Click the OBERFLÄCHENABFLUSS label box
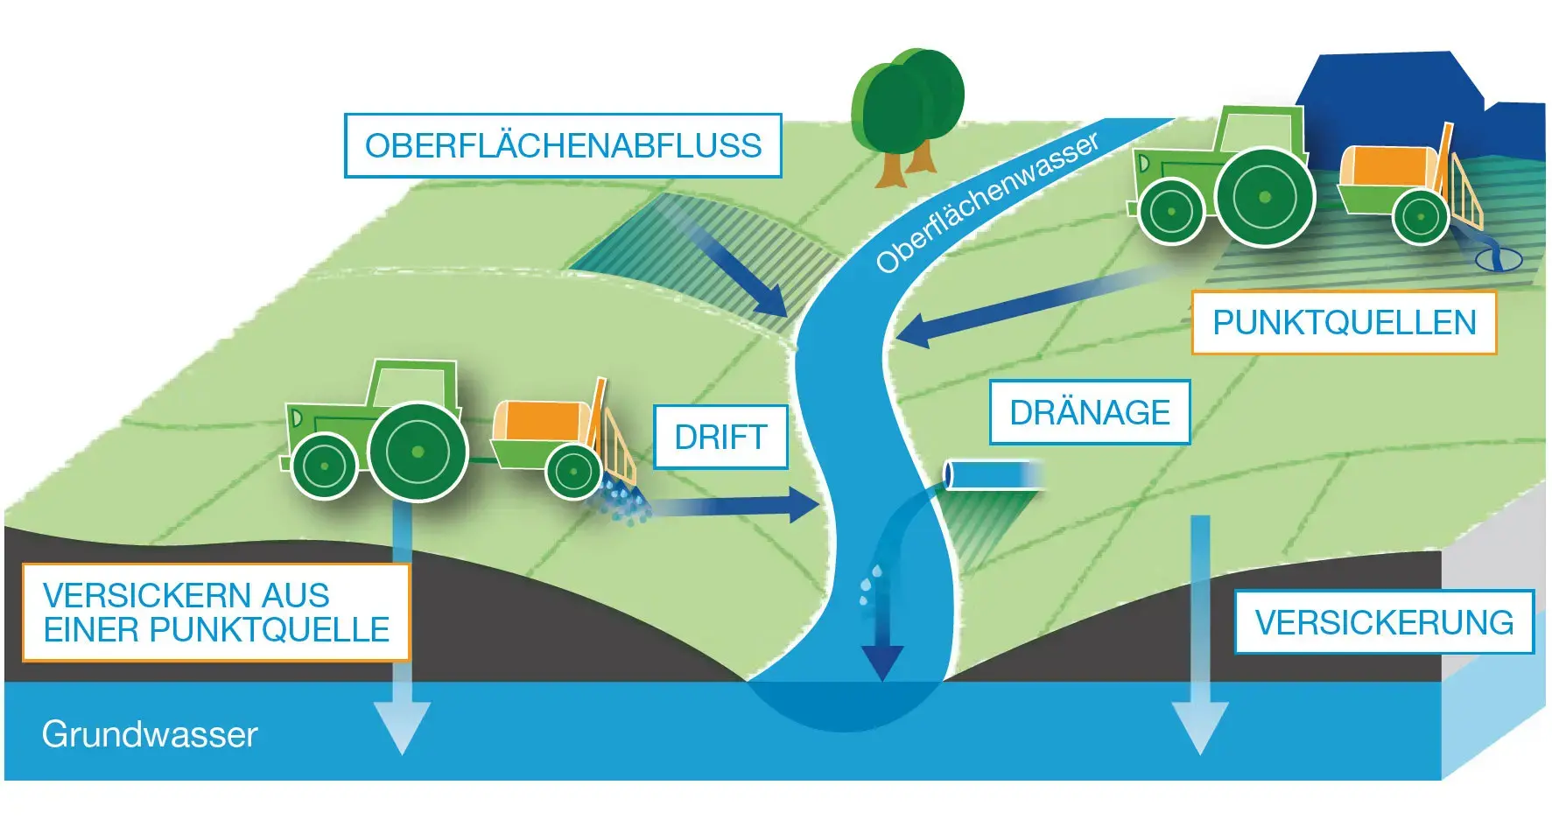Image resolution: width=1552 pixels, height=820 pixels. [563, 145]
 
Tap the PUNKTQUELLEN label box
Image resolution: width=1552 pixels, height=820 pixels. [1344, 323]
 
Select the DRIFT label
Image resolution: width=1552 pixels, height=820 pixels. [720, 437]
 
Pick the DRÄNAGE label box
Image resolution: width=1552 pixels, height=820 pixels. [1090, 412]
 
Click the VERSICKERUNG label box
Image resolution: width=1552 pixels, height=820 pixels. [1384, 622]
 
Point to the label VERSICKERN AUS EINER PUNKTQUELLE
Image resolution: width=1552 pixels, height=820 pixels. [216, 612]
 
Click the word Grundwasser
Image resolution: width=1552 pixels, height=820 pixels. [150, 734]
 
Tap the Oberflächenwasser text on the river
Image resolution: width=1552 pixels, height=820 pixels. [987, 203]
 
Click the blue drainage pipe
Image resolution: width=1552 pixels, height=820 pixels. [994, 474]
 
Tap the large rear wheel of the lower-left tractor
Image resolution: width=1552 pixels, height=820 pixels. [418, 452]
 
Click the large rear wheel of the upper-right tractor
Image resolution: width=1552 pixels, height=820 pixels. [1265, 198]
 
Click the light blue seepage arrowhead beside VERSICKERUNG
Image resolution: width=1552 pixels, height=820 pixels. [1200, 727]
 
